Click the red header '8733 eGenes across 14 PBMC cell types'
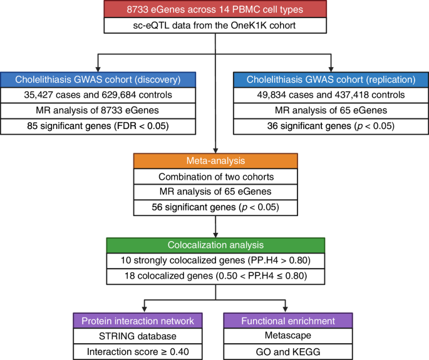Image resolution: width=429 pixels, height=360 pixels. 215,9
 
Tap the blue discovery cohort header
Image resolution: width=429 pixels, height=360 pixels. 98,80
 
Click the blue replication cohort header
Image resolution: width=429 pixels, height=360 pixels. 331,80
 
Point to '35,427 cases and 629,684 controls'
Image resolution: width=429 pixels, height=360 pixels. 98,95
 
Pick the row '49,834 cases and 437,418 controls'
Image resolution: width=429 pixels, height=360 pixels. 331,95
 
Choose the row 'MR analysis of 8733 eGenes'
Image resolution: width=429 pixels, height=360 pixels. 98,111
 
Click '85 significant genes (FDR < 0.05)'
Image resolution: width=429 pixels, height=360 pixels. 98,127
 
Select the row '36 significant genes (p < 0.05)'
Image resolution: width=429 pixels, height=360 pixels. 331,127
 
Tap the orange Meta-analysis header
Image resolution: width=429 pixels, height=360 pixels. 215,161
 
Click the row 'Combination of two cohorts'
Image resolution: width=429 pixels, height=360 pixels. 215,177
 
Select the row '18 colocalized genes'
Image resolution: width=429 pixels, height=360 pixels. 215,274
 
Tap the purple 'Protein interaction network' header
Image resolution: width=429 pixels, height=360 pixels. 144,321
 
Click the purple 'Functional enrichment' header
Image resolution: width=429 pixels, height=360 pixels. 286,321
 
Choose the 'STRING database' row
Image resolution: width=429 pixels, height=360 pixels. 144,336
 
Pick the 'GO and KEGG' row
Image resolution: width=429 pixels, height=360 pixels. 286,352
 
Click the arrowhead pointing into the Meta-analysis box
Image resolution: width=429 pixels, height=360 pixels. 215,149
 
